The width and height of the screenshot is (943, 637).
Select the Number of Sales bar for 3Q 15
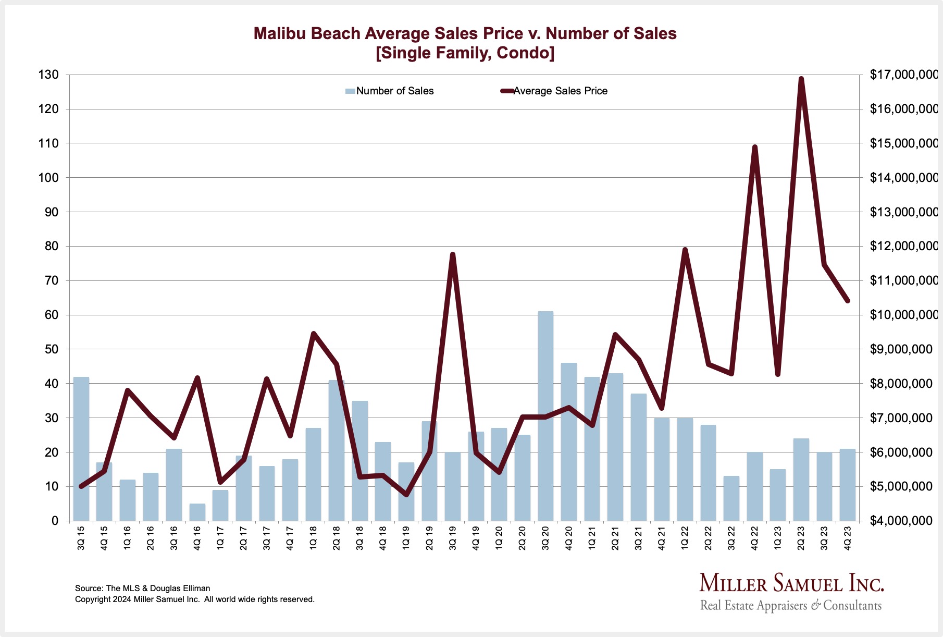[x=81, y=448]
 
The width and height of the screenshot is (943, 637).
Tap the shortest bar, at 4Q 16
[x=197, y=512]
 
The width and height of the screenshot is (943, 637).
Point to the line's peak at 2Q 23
[x=801, y=79]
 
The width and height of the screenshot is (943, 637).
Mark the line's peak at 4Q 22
[x=754, y=147]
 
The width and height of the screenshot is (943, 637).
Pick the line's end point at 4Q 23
[x=848, y=301]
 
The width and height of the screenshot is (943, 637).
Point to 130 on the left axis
[x=48, y=75]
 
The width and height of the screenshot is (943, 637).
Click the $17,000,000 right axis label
[x=903, y=75]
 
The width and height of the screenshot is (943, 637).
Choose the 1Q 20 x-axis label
[x=499, y=537]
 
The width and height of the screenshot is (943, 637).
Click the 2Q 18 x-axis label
[x=337, y=537]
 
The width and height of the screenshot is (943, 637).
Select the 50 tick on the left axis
[x=52, y=349]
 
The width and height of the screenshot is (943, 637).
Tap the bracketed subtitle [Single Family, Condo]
[x=465, y=53]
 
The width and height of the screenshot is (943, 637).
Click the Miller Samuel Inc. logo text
[x=791, y=583]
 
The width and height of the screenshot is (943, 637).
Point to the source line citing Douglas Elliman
[x=143, y=588]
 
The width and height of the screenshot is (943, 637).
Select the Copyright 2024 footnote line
[x=194, y=599]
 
